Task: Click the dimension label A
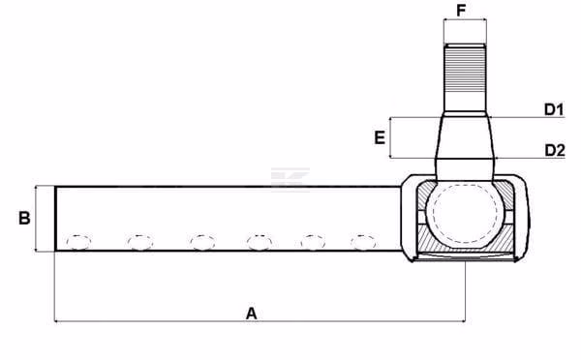[x=251, y=314]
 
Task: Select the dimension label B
[x=24, y=218]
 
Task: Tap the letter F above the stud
[x=461, y=11]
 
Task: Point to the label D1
[x=554, y=109]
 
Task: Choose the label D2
[x=555, y=150]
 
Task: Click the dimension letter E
[x=380, y=137]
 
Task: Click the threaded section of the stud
[x=465, y=70]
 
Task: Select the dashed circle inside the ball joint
[x=465, y=213]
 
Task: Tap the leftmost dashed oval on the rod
[x=78, y=242]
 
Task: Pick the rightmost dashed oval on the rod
[x=364, y=242]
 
